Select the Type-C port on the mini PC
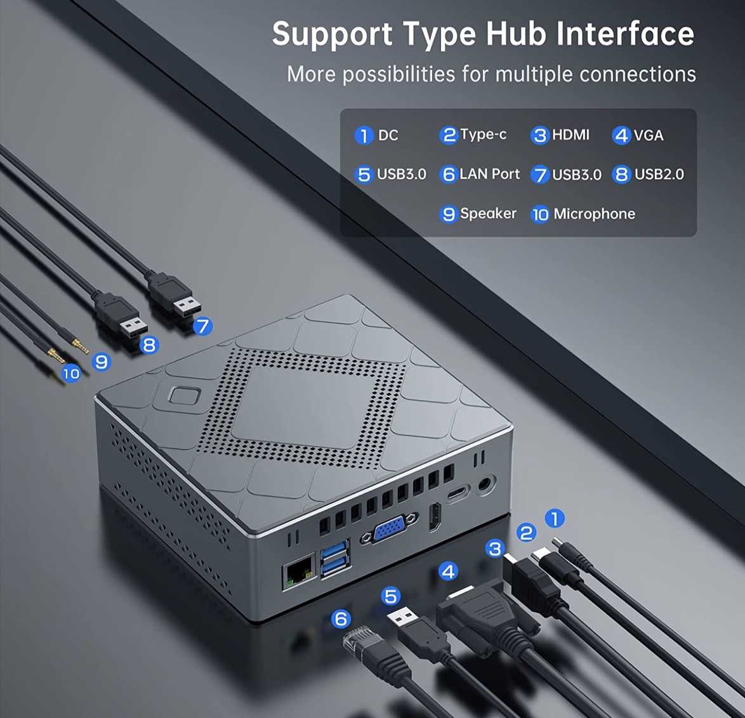click(x=457, y=493)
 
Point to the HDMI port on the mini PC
click(x=435, y=518)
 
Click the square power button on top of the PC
click(x=185, y=395)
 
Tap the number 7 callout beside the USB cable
click(x=203, y=326)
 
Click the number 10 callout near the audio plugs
click(x=71, y=374)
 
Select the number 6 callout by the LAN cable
click(x=341, y=619)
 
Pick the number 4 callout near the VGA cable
click(x=448, y=571)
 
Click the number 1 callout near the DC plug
click(x=555, y=518)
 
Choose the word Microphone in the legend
click(x=595, y=214)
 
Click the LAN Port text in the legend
click(x=489, y=174)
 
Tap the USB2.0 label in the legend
click(x=659, y=174)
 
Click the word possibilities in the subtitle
click(x=399, y=75)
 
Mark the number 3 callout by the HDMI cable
click(x=495, y=549)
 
